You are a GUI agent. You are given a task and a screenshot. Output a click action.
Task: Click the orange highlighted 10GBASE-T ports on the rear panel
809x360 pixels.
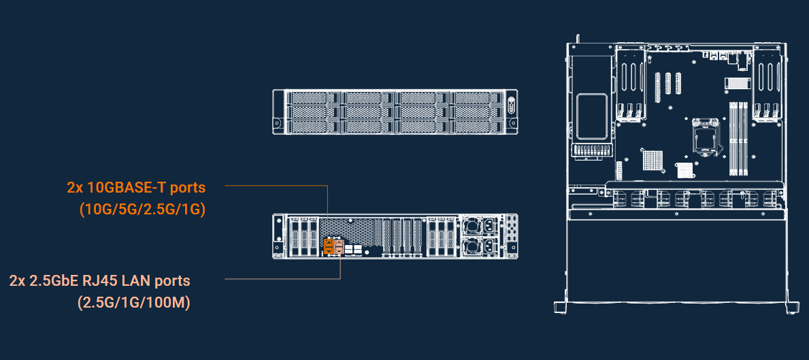(329, 245)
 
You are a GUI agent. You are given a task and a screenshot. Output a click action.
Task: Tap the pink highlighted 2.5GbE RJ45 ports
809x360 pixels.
(340, 245)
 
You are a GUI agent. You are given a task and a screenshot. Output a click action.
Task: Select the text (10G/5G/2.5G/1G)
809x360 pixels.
(142, 210)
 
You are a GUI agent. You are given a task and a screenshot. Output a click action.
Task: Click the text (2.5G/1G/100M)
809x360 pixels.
(134, 303)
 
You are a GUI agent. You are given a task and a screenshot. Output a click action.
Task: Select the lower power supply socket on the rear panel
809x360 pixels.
(489, 246)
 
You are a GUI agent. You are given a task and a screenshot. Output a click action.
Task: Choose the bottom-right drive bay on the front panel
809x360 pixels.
(477, 126)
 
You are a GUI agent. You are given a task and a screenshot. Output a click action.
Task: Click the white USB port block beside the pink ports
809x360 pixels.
(353, 250)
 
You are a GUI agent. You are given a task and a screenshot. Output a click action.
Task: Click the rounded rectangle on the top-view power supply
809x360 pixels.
(591, 113)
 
